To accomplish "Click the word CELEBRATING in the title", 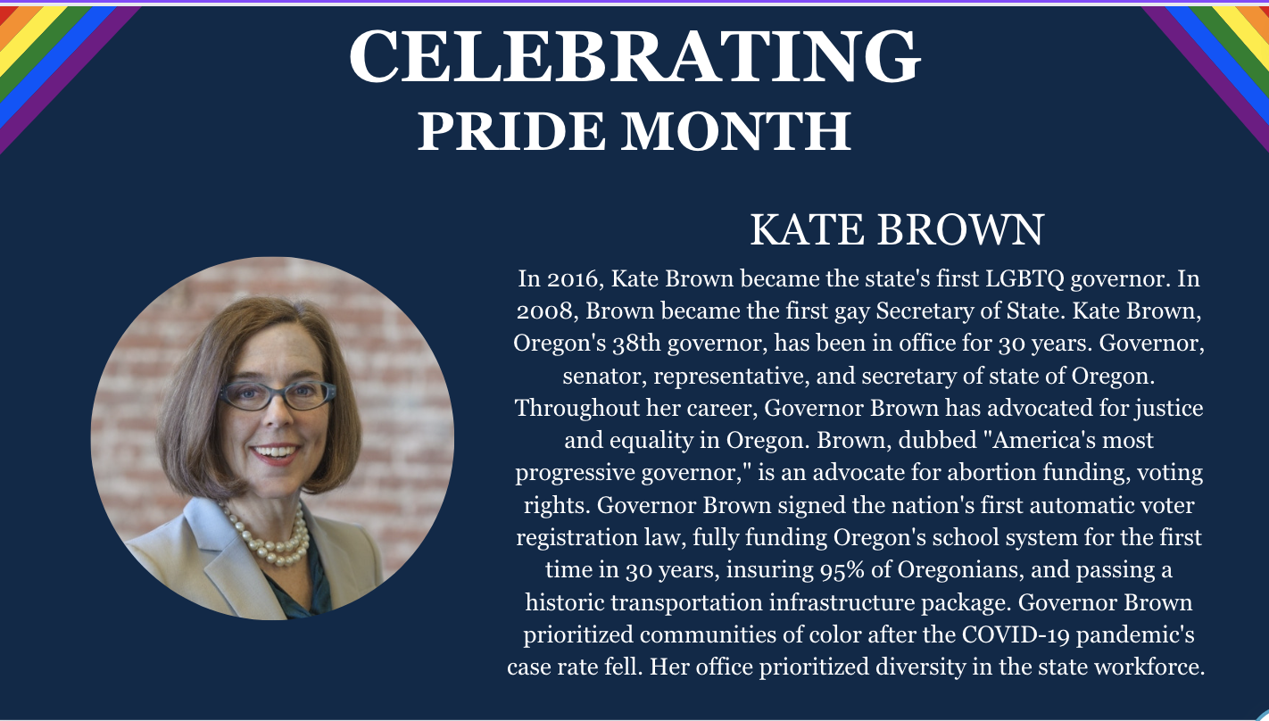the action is tap(634, 56).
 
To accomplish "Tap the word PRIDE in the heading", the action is tap(511, 131).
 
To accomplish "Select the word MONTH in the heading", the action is tap(736, 131).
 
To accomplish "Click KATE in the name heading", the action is tap(808, 229).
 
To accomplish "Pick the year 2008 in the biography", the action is tap(544, 311).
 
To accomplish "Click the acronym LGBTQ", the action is tap(1024, 278).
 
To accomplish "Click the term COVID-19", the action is tap(1016, 634).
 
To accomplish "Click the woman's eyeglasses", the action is tap(277, 394).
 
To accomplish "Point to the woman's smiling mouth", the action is tap(276, 453).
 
